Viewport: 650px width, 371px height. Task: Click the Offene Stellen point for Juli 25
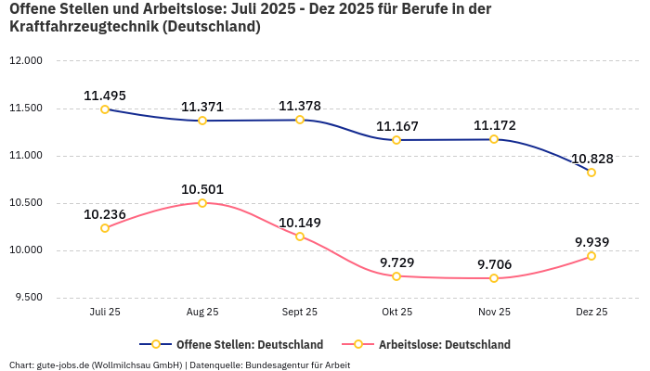(105, 109)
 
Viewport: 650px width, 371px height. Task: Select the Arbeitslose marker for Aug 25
(202, 202)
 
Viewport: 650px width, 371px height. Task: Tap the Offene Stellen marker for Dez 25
(591, 173)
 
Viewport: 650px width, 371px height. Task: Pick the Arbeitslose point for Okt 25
(396, 276)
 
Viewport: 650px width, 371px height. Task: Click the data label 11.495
(105, 95)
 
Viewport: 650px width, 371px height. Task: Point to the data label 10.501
(202, 189)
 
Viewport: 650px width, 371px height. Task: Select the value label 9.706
(494, 264)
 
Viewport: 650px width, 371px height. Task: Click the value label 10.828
(591, 159)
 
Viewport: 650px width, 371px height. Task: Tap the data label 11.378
(300, 106)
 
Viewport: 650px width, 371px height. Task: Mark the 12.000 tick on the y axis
(26, 61)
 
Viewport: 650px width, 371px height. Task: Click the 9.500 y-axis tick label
(28, 298)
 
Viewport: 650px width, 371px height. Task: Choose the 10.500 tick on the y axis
(26, 203)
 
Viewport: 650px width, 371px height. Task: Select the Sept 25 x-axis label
(300, 313)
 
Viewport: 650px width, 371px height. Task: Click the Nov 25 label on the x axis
(494, 313)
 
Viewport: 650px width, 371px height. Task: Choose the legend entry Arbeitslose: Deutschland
(444, 344)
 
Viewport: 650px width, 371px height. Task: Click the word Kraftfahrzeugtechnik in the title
(80, 27)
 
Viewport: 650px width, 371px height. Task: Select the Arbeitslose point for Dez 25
(591, 256)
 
